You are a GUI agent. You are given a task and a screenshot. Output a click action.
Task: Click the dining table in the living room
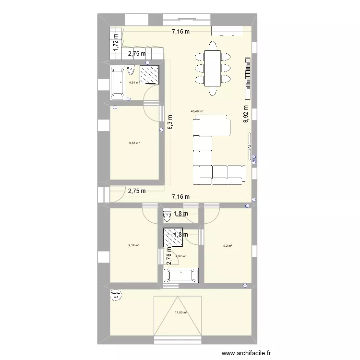(212, 68)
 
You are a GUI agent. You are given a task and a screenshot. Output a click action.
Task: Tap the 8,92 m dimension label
(246, 114)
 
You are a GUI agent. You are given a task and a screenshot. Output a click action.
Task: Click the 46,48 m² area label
(197, 112)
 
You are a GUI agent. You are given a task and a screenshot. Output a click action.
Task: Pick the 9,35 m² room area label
(134, 143)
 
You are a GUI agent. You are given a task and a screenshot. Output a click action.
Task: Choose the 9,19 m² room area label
(133, 245)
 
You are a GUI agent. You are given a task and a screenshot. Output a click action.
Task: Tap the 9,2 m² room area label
(228, 246)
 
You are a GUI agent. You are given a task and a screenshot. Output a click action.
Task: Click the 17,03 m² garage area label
(181, 312)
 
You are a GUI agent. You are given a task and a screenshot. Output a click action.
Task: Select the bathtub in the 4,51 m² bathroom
(118, 83)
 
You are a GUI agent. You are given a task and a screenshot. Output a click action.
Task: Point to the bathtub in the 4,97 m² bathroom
(180, 275)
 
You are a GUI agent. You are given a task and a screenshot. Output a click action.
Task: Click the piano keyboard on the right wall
(248, 74)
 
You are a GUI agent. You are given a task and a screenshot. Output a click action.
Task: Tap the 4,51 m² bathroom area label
(134, 83)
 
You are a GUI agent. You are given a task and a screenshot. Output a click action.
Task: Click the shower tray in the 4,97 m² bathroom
(172, 236)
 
